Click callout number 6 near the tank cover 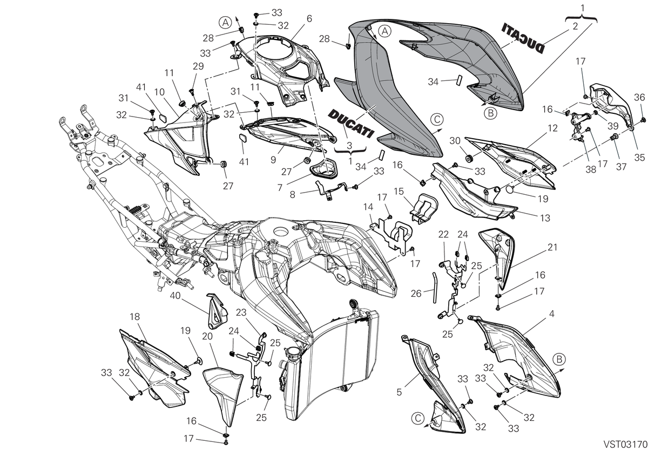pos(309,19)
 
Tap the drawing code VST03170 pos(625,444)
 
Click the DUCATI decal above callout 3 pos(351,124)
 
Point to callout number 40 pos(175,295)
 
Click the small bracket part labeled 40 pos(217,311)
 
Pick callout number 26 pos(416,294)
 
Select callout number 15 pos(399,191)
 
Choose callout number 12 pos(552,128)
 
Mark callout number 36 pos(639,98)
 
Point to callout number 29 pos(199,66)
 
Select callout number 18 pos(135,317)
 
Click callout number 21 pos(552,247)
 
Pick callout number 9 pos(273,160)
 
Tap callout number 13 pos(545,218)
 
